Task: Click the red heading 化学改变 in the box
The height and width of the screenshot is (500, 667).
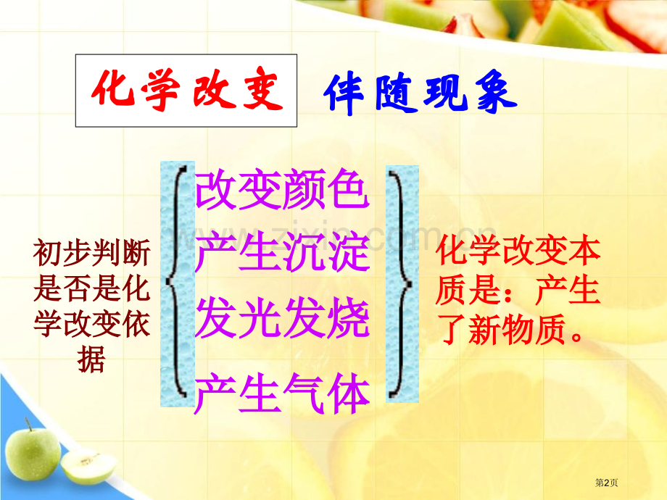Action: click(x=187, y=90)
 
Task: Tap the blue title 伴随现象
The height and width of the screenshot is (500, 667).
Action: click(x=420, y=93)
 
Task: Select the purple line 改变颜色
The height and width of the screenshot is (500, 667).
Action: click(x=282, y=189)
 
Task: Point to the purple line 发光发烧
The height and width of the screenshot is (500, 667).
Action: click(x=282, y=317)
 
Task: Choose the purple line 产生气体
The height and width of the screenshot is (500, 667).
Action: click(x=282, y=393)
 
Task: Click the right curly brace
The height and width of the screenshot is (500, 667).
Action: click(x=401, y=283)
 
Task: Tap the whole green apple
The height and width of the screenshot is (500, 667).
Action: click(x=33, y=451)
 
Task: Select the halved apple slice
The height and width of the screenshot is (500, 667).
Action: click(x=88, y=467)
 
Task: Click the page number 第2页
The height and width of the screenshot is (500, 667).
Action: click(x=606, y=483)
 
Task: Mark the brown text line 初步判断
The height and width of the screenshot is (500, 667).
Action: click(x=91, y=253)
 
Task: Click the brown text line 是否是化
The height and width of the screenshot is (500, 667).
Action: click(x=91, y=288)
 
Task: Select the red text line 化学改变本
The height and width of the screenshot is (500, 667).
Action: click(x=518, y=250)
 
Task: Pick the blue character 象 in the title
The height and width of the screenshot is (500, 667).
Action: click(x=496, y=93)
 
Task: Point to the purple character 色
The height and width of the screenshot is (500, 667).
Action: click(x=349, y=189)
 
